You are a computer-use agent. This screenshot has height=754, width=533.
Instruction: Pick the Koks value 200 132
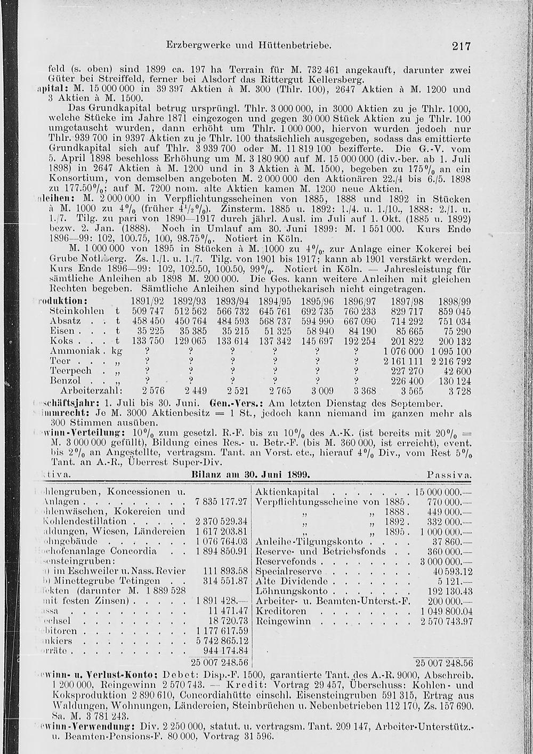tap(454, 341)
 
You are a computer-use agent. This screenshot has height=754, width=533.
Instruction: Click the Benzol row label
tap(65, 382)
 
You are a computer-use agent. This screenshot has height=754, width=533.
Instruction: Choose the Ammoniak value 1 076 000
tap(403, 351)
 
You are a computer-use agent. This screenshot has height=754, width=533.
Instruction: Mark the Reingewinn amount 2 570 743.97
tap(447, 621)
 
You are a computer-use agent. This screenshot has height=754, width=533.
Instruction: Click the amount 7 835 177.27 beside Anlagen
tap(221, 502)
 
